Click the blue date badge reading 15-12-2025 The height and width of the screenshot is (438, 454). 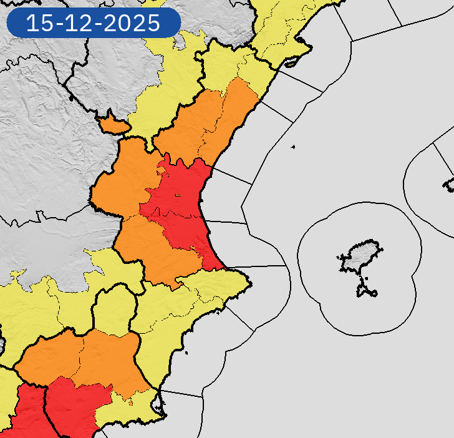click(x=94, y=24)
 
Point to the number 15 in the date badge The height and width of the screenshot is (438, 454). click(x=39, y=24)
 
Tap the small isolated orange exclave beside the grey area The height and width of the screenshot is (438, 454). click(x=113, y=124)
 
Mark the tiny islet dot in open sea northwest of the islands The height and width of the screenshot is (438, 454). click(x=292, y=147)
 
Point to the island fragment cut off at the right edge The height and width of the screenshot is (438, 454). click(x=449, y=183)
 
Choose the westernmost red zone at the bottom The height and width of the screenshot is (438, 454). click(x=25, y=412)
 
